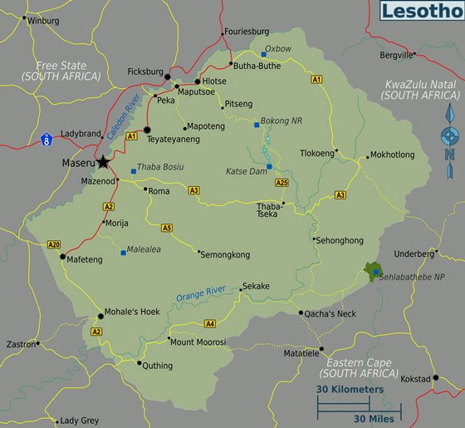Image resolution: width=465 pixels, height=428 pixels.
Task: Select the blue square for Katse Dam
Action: tap(269, 166)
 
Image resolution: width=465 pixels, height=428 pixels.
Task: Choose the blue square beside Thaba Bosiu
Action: tap(132, 172)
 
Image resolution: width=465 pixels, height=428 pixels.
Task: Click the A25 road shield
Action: tap(281, 182)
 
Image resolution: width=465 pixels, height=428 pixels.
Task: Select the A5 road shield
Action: tap(167, 227)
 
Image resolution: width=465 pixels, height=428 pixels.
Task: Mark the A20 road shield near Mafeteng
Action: tap(53, 244)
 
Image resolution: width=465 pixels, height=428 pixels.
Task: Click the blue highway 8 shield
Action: tap(46, 135)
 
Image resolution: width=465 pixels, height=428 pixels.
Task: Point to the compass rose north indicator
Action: tap(449, 135)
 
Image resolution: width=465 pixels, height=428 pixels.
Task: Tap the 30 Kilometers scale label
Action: tap(350, 389)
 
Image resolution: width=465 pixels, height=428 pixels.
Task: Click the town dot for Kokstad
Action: tap(435, 378)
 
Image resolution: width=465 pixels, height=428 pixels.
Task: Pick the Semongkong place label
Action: tap(224, 253)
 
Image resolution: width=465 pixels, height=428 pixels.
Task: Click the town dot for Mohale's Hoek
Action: tap(99, 313)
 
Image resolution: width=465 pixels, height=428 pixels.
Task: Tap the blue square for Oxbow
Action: tap(263, 55)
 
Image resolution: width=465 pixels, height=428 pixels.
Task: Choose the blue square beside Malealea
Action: tap(124, 253)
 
